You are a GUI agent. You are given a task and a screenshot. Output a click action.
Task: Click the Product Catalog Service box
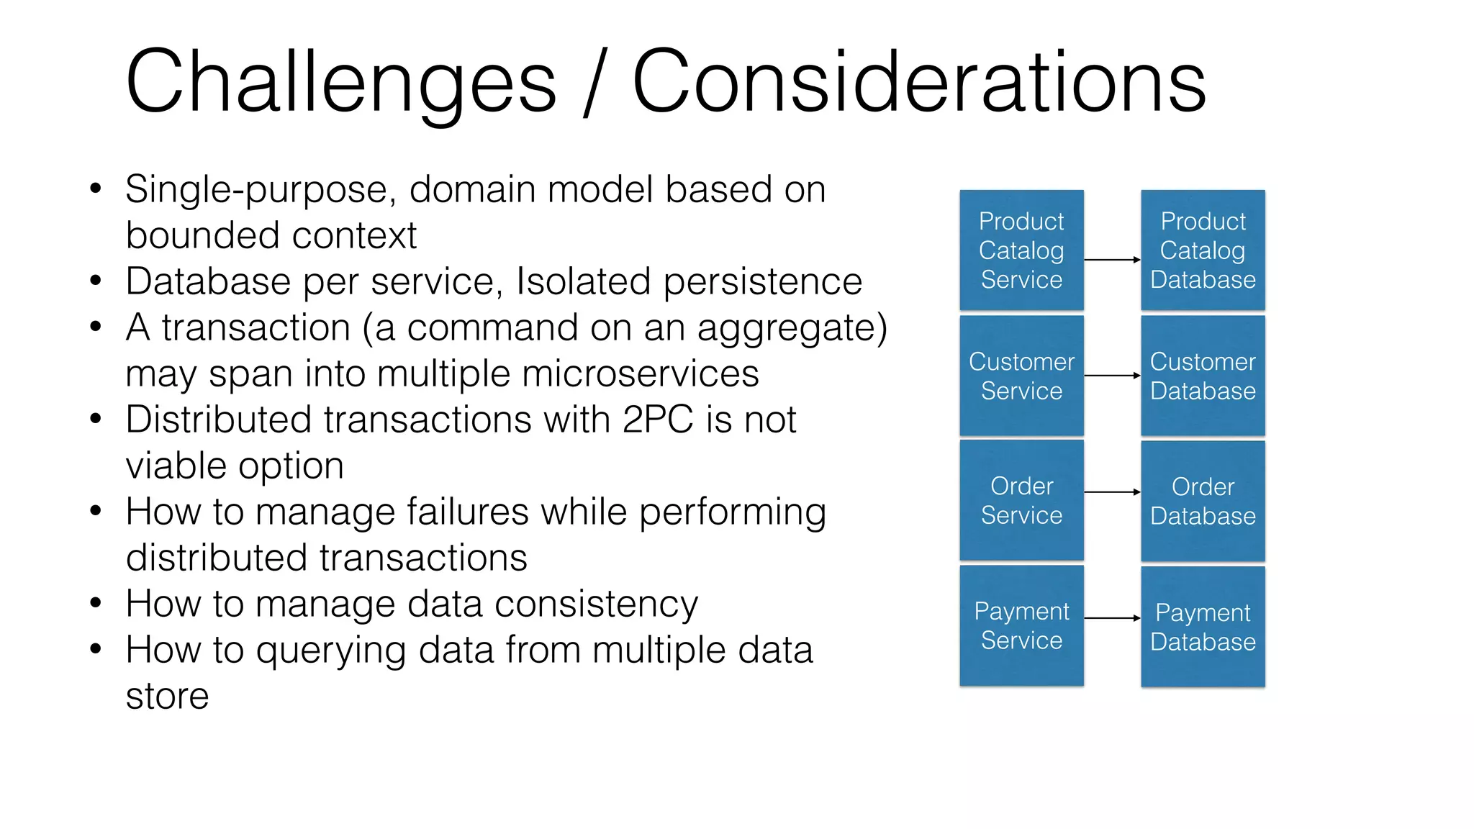(1021, 250)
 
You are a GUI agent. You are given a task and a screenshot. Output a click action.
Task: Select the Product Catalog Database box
(1203, 250)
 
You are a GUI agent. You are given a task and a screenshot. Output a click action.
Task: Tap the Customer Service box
(1021, 376)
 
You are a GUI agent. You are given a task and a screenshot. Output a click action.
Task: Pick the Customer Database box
(1203, 376)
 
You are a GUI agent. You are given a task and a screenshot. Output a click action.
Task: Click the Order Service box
(1021, 500)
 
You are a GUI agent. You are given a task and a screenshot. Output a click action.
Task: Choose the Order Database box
(1203, 501)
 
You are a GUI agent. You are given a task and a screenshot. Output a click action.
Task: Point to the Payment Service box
(1021, 625)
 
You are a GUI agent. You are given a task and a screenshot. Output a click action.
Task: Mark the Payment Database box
(1203, 626)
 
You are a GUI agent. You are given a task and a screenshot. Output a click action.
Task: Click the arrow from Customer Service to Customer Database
(1112, 376)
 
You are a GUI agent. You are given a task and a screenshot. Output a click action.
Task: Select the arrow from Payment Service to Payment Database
(1112, 618)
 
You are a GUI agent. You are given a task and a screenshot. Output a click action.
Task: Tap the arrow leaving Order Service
(1112, 492)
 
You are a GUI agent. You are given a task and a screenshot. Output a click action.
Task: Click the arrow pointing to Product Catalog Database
(1112, 260)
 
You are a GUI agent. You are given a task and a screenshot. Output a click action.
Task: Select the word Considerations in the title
(918, 81)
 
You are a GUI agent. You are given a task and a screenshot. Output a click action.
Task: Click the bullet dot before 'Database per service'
(96, 281)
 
